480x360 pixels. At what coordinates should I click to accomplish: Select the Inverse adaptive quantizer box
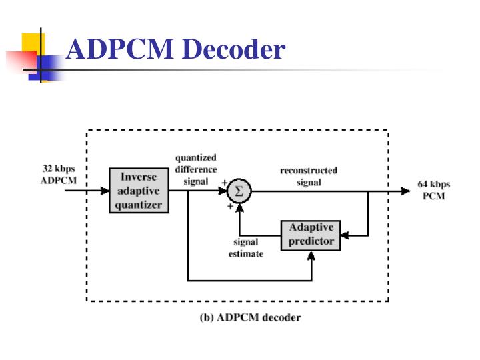[138, 191]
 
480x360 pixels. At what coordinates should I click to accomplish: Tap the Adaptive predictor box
[311, 235]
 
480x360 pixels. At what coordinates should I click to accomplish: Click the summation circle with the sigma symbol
[239, 191]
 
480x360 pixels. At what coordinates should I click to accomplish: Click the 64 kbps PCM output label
[433, 190]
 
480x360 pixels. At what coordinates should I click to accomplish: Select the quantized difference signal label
[195, 169]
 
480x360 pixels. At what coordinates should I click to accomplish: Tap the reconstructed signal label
[308, 176]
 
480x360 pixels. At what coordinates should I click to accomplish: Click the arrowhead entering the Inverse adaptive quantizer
[105, 191]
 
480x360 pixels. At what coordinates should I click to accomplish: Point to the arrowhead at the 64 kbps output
[405, 191]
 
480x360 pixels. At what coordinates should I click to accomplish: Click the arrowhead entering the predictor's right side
[346, 235]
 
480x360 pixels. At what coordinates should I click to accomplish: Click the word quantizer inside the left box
[138, 205]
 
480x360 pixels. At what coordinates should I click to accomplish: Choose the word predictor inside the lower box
[311, 241]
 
